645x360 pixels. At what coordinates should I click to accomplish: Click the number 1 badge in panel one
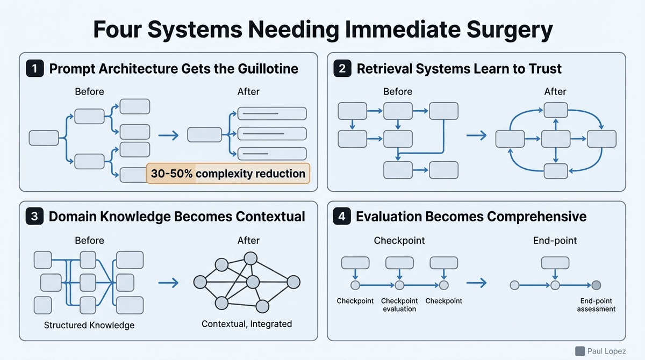[x=34, y=69]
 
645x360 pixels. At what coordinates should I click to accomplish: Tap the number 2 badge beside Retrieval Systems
[x=342, y=69]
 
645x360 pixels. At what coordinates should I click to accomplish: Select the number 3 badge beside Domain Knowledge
[x=34, y=217]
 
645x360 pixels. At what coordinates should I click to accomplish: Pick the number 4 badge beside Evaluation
[x=342, y=217]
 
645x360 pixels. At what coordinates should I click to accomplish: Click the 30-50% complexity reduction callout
[x=228, y=174]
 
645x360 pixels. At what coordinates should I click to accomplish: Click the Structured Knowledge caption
[x=89, y=325]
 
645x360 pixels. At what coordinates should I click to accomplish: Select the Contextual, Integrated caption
[x=247, y=323]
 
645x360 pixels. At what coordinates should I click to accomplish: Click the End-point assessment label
[x=596, y=305]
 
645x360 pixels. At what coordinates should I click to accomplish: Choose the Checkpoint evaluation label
[x=399, y=305]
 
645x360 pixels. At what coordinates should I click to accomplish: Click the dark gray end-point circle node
[x=596, y=285]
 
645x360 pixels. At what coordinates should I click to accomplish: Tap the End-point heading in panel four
[x=555, y=241]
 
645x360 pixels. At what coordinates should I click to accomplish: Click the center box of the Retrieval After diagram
[x=556, y=139]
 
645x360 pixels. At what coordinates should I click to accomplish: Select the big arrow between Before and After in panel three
[x=170, y=282]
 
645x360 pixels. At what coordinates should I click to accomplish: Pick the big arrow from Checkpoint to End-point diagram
[x=477, y=282]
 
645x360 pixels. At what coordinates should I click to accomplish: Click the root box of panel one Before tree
[x=44, y=138]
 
